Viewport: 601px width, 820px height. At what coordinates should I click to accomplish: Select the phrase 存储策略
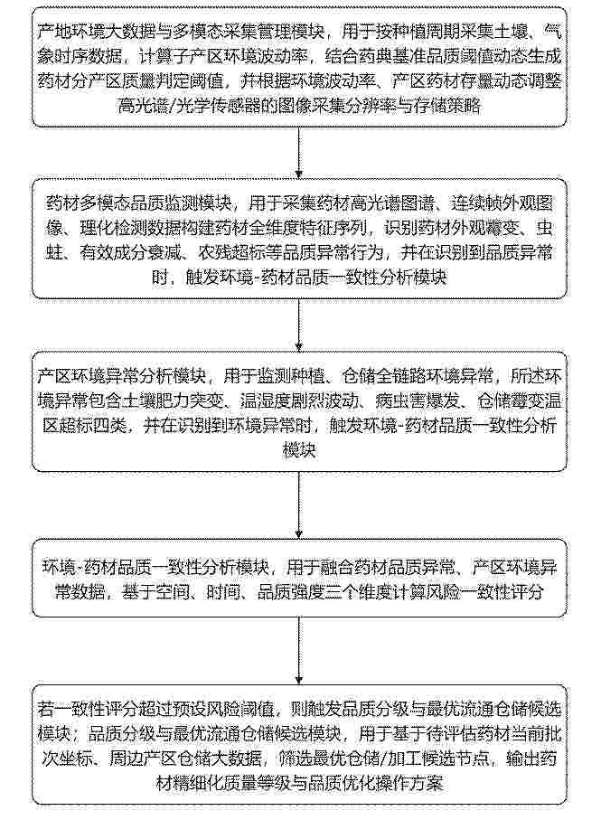(447, 106)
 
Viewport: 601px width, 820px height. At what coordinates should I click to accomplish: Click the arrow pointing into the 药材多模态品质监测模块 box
(299, 153)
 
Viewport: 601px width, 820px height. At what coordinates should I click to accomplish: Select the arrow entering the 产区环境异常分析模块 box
(299, 325)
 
